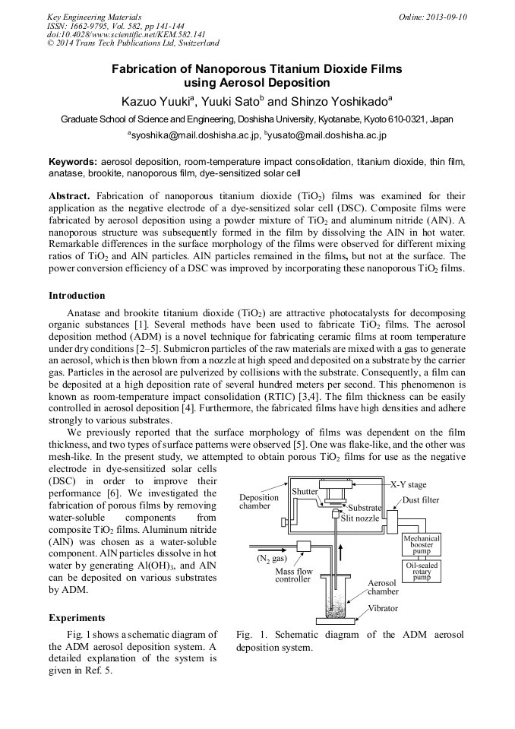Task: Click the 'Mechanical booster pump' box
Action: pos(422,545)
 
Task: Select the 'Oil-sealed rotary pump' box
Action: pos(422,572)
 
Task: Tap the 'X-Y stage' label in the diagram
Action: pos(408,484)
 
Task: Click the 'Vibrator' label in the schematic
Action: pos(384,609)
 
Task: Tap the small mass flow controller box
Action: pos(306,546)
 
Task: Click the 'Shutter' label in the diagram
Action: pos(305,492)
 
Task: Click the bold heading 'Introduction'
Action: pos(77,296)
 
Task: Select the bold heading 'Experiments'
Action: pos(77,618)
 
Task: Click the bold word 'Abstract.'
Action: pos(70,195)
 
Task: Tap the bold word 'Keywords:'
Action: pos(73,162)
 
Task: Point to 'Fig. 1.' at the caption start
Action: pos(251,635)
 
